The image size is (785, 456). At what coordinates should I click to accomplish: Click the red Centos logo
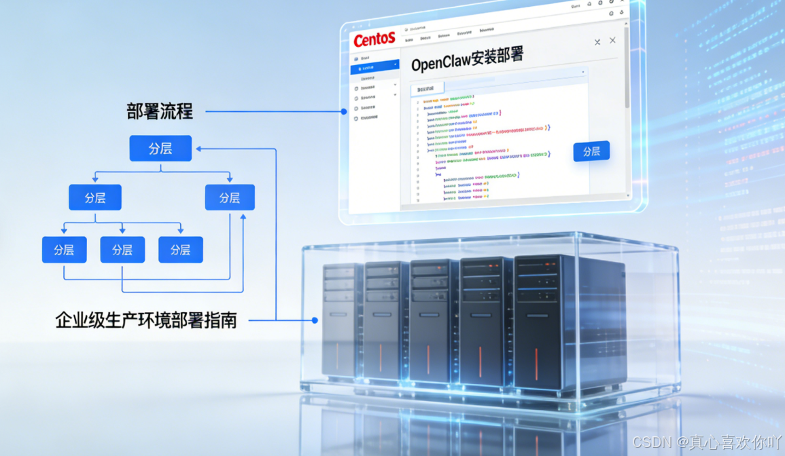[374, 39]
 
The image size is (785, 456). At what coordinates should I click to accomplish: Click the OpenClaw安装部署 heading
[468, 60]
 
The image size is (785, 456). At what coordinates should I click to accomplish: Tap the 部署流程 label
[160, 111]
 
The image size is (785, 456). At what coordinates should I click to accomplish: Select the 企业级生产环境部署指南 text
[146, 320]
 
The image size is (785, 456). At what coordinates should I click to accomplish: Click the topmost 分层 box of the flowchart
[160, 149]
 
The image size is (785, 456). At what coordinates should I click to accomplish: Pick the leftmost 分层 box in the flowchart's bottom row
[64, 250]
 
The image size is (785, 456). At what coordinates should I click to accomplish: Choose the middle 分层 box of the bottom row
[122, 250]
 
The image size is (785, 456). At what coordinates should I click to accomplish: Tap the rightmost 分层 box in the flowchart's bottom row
[180, 250]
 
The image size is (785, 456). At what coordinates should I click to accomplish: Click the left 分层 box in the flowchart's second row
[95, 197]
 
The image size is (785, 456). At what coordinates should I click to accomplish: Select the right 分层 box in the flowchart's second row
[230, 197]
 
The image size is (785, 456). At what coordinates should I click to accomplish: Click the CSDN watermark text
[707, 442]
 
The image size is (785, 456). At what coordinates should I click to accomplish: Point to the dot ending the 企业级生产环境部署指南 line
[315, 320]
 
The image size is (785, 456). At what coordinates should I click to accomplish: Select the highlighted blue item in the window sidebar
[374, 68]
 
